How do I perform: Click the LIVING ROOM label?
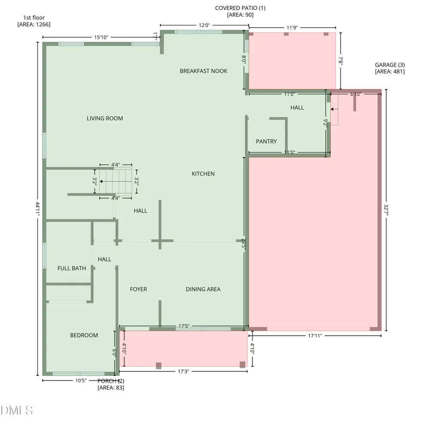105,118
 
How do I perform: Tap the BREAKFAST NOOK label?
203,71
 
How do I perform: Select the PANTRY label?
266,142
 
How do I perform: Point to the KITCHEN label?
203,174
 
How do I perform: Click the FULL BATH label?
71,268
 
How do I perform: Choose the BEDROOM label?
84,335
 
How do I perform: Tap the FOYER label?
138,289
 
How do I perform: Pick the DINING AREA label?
203,289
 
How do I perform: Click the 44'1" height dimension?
37,209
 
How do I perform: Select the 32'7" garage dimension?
386,210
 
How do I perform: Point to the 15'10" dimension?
101,37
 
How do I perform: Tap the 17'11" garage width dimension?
315,336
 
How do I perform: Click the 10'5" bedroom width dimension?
81,381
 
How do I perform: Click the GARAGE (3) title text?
390,65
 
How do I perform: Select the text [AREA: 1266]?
34,25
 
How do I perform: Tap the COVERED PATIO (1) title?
240,8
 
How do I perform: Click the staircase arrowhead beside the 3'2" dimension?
101,182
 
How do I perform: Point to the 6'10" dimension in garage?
356,94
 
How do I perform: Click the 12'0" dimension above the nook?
204,25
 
